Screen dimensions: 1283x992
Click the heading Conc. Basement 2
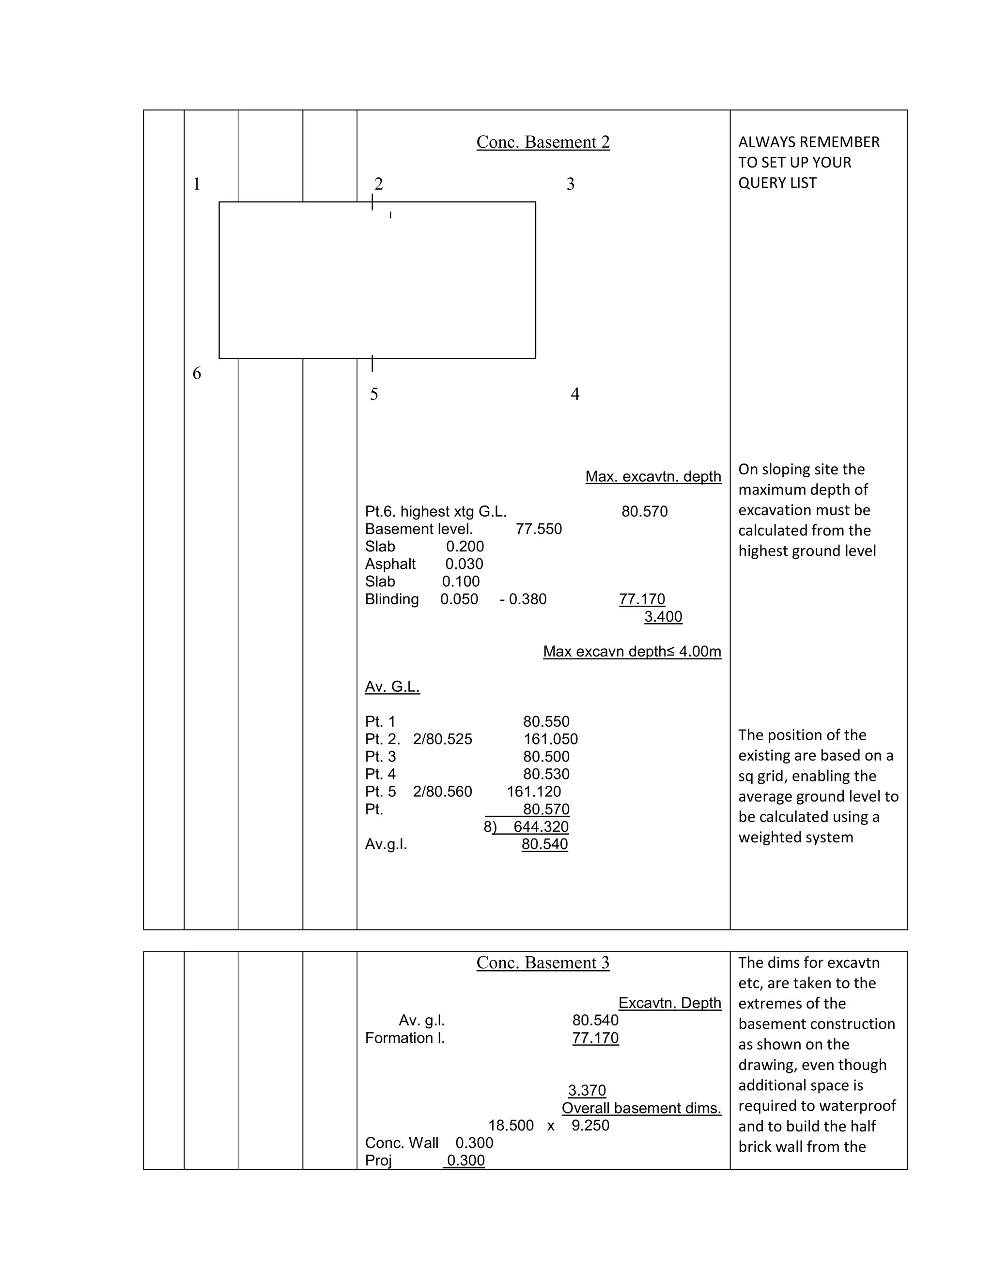tap(542, 142)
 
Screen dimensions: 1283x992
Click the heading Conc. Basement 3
tap(542, 963)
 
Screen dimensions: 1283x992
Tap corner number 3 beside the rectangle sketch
tap(570, 184)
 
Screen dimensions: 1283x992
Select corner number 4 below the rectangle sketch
tap(575, 394)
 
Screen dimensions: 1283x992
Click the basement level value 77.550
tap(538, 529)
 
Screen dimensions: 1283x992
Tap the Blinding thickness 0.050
tap(459, 600)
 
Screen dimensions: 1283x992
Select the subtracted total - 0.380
tap(523, 600)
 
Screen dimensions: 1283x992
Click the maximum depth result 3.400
tap(663, 617)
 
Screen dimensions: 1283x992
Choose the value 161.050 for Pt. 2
tap(551, 740)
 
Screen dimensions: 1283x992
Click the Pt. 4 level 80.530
tap(546, 775)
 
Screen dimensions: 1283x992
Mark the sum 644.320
tap(541, 827)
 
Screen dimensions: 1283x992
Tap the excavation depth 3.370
tap(587, 1091)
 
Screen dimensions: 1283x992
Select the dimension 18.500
tap(511, 1126)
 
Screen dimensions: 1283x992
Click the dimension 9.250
tap(590, 1126)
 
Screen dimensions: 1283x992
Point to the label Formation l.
tap(405, 1039)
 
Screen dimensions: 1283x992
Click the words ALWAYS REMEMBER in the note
tap(808, 142)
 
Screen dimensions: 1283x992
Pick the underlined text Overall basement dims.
tap(641, 1109)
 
